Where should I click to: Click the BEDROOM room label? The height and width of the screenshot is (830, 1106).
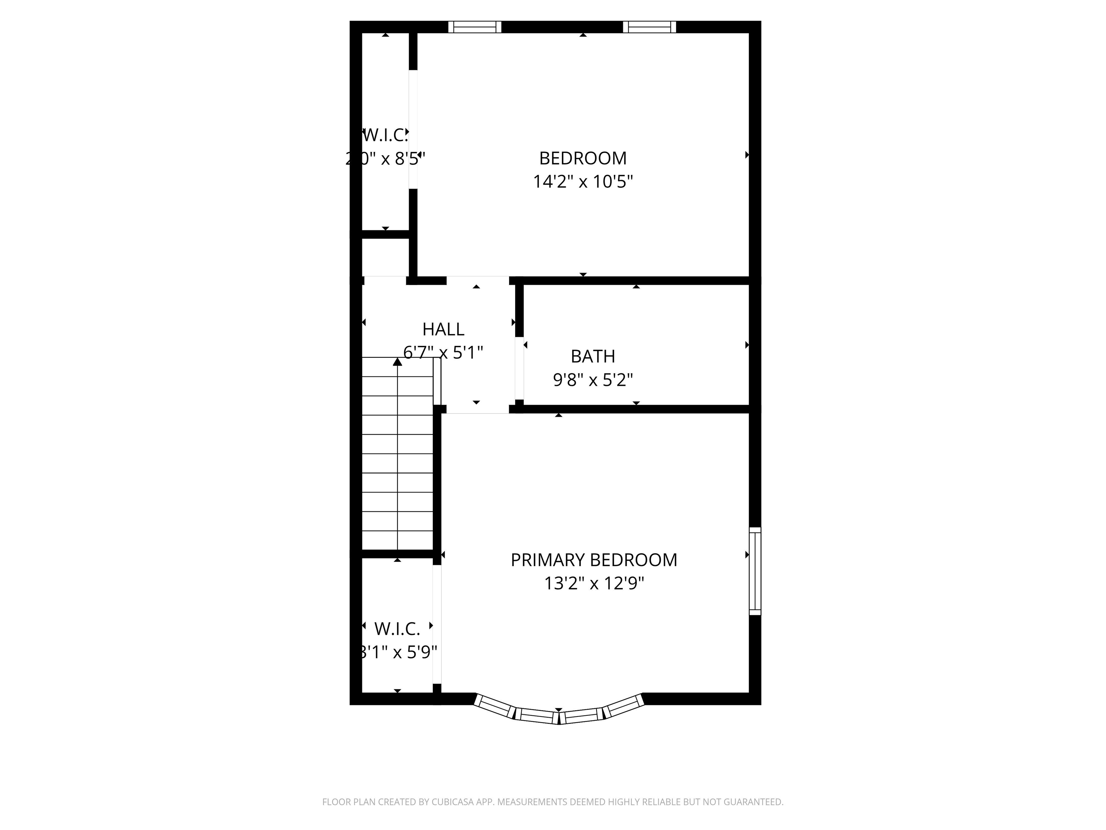click(x=583, y=158)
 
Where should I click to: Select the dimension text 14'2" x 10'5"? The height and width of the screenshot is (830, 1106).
click(x=583, y=182)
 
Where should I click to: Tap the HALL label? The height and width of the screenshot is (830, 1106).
click(x=443, y=329)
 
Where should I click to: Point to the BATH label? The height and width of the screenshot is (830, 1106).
click(x=593, y=356)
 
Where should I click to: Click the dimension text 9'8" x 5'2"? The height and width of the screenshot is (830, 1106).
click(x=593, y=380)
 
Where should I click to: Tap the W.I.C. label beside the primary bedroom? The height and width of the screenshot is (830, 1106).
click(x=397, y=628)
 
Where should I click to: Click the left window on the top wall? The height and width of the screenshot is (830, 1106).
click(x=475, y=27)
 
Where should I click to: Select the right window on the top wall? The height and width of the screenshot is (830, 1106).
click(x=649, y=27)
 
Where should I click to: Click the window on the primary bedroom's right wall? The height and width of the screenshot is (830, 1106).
click(x=755, y=571)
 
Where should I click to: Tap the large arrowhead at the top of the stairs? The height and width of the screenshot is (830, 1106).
click(x=397, y=362)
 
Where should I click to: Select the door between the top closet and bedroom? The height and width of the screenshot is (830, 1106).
click(x=413, y=129)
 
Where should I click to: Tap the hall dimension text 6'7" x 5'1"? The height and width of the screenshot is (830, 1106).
click(x=443, y=353)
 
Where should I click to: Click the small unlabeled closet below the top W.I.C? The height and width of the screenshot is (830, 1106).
click(x=385, y=256)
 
